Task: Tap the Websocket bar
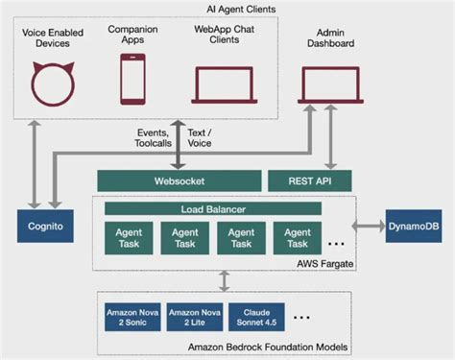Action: (180, 180)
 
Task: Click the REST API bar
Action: (306, 180)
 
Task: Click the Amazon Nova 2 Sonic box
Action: (132, 317)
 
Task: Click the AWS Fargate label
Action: (322, 260)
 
